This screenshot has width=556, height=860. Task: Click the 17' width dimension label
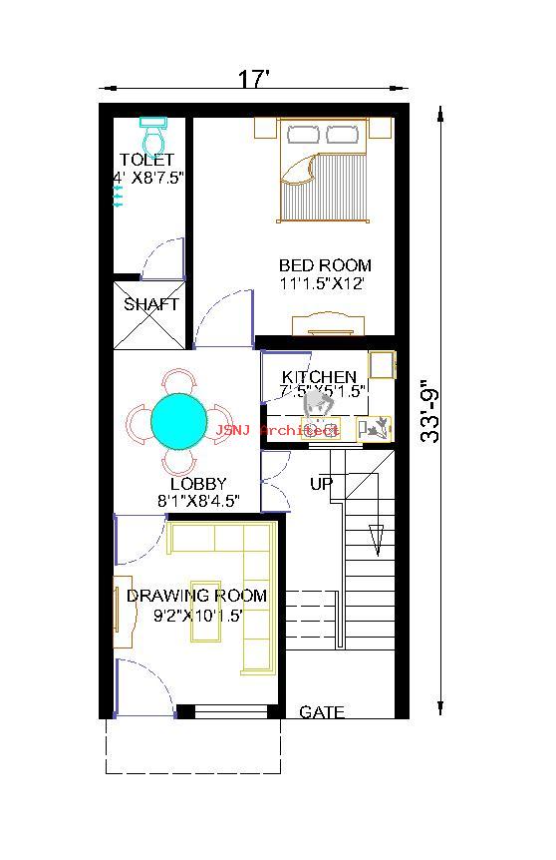pos(254,80)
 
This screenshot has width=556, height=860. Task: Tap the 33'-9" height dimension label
pos(430,412)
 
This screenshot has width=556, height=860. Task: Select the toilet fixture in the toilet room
pos(151,133)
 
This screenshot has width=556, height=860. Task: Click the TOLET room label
pos(146,160)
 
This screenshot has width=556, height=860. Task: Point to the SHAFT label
pos(151,304)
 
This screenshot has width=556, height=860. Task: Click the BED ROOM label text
pos(325,265)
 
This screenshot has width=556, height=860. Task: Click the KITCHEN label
pos(319,377)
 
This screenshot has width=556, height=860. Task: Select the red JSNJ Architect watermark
pos(277,430)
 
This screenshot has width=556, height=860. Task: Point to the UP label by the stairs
pos(321,484)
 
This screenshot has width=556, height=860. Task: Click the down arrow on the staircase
pos(377,539)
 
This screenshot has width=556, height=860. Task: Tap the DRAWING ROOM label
pos(196,596)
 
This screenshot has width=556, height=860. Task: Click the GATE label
pos(322,712)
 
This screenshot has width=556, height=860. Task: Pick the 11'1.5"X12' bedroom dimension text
pos(322,283)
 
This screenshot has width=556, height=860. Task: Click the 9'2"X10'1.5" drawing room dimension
pos(198,615)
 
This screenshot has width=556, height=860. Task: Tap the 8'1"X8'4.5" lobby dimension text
pos(198,502)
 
